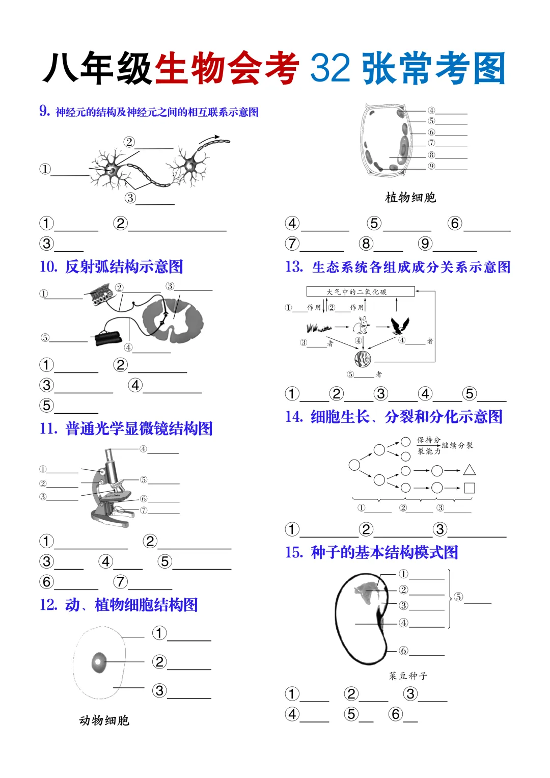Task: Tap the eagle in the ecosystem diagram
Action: click(x=400, y=325)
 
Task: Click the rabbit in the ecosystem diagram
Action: click(x=363, y=325)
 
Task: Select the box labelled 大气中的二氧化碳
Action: click(x=361, y=291)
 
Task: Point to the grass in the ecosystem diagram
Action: click(x=319, y=327)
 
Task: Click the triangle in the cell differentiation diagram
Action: click(x=470, y=470)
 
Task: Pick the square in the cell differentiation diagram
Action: click(x=470, y=488)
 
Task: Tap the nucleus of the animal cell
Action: click(x=99, y=662)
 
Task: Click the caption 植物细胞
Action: click(x=410, y=198)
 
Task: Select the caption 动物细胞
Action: click(x=104, y=720)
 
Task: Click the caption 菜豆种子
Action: click(x=408, y=676)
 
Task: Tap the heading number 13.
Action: click(x=294, y=267)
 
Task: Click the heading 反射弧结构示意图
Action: click(x=124, y=266)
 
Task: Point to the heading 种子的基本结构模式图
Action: click(x=384, y=552)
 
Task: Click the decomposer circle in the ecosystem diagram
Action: click(x=363, y=359)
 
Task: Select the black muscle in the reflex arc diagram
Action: click(x=107, y=338)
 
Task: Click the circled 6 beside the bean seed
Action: click(x=403, y=651)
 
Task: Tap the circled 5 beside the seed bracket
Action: click(x=458, y=597)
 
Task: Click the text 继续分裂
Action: click(x=457, y=445)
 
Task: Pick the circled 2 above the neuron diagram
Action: click(x=129, y=142)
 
